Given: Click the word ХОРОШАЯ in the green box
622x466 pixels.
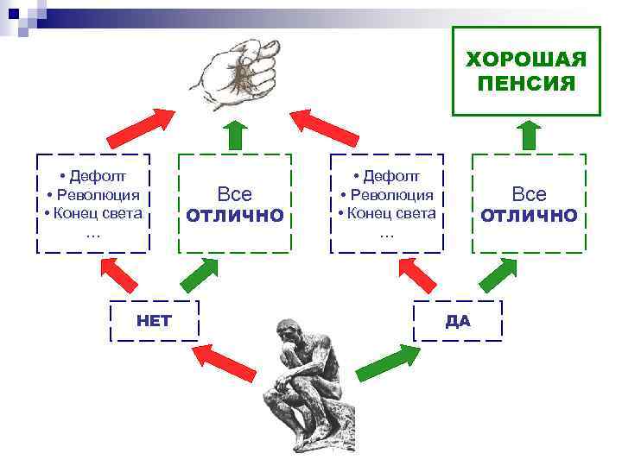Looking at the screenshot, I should [x=526, y=60].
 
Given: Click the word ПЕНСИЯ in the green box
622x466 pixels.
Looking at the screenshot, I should [x=526, y=83].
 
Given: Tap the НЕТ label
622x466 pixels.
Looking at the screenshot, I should [x=155, y=321].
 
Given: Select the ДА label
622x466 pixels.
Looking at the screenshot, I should [x=458, y=321].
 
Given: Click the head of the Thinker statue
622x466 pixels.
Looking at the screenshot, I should [x=287, y=333].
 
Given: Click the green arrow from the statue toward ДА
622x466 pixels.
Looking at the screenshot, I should [x=388, y=362].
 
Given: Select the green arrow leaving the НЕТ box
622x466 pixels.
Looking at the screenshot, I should [x=200, y=275].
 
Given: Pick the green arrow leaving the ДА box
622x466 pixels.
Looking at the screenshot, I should [x=498, y=275].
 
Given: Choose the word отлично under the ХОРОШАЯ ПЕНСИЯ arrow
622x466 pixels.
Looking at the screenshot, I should [x=529, y=215].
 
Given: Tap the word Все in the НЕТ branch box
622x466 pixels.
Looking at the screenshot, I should [x=235, y=195].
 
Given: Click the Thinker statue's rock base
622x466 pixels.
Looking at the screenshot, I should [x=307, y=431].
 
